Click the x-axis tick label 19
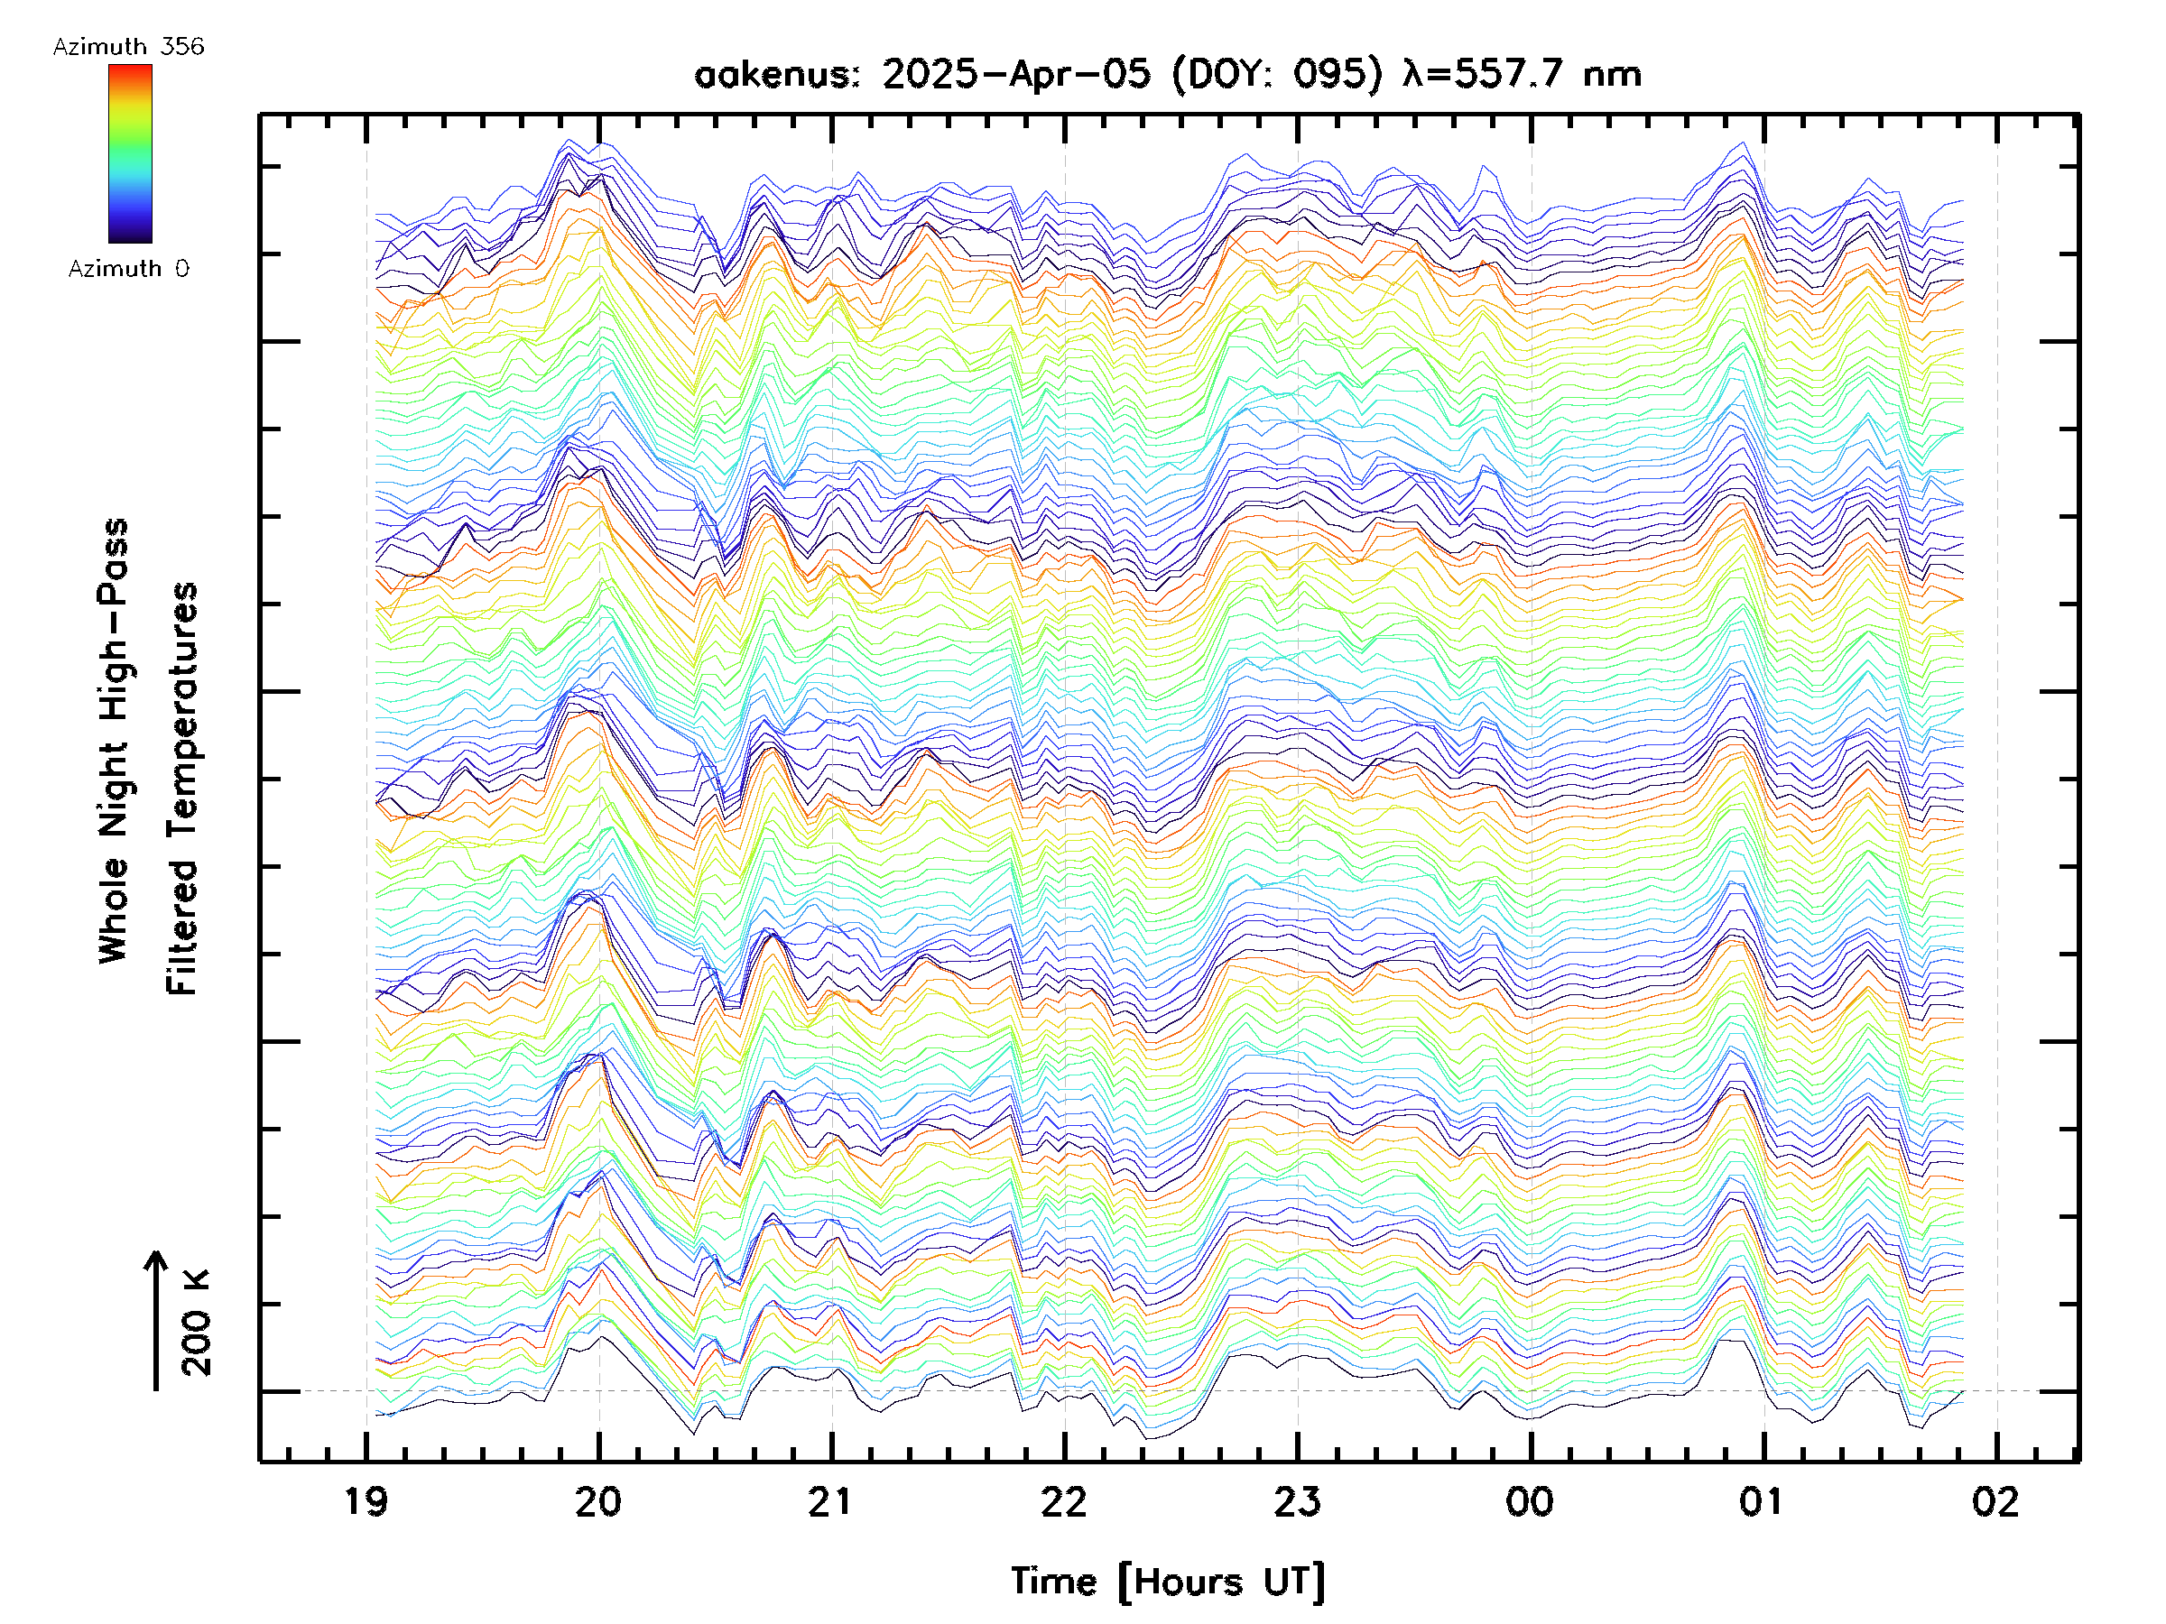[x=366, y=1501]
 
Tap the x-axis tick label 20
[x=598, y=1501]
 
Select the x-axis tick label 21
[x=831, y=1501]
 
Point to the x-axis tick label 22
[x=1064, y=1501]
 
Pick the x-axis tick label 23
[x=1298, y=1501]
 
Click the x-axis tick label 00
[x=1530, y=1501]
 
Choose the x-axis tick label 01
[x=1763, y=1501]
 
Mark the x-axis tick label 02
[x=1995, y=1501]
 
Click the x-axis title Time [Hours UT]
[x=1168, y=1582]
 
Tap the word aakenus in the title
[x=775, y=74]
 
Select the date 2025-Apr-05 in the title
[x=1015, y=74]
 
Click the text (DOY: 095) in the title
[x=1277, y=74]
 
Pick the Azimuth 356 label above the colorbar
[x=128, y=47]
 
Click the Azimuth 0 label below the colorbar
[x=128, y=269]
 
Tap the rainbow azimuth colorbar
[x=130, y=153]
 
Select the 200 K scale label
[x=197, y=1323]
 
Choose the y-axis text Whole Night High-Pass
[x=114, y=741]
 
